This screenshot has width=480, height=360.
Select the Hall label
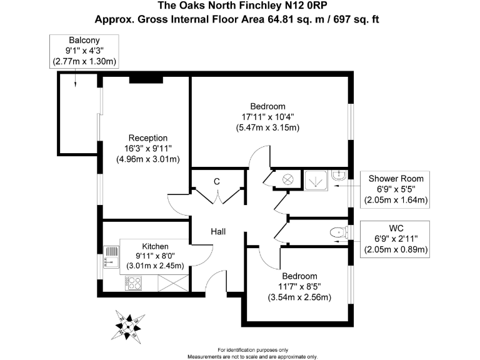coord(218,232)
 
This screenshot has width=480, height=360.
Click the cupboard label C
coord(217,181)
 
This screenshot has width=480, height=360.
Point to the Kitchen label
coord(155,246)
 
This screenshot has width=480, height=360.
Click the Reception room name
coord(147,137)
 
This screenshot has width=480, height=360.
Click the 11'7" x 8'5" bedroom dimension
coord(290,286)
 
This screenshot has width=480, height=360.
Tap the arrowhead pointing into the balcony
coord(75,87)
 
